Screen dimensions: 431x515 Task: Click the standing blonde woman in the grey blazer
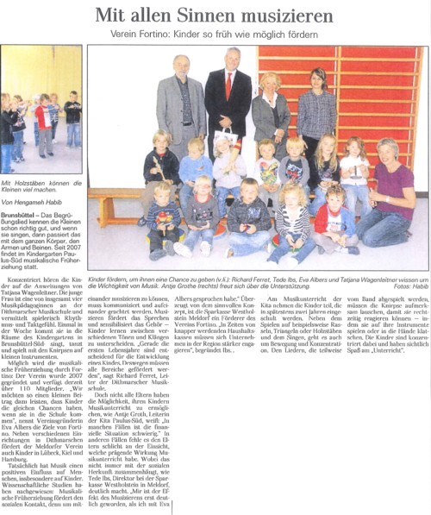(x=270, y=108)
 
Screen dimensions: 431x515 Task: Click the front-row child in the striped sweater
(x=289, y=229)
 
